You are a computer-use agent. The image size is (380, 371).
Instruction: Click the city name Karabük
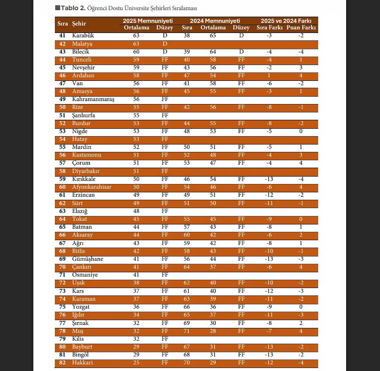coord(83,36)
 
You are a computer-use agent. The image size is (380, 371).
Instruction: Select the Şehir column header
coord(79,24)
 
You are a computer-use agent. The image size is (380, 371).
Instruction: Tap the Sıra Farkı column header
coord(269,28)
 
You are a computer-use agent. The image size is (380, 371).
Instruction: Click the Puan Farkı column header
coord(301,28)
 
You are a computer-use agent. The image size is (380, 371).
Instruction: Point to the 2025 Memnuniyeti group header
coord(148,21)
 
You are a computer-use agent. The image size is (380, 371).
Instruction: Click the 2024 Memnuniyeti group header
coord(215,21)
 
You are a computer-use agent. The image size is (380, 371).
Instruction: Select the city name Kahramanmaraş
coord(93,99)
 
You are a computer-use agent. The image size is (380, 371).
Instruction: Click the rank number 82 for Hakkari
coord(62,363)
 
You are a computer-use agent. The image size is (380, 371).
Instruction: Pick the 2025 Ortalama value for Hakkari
coord(136,363)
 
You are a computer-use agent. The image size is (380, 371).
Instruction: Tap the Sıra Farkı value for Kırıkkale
coord(269,179)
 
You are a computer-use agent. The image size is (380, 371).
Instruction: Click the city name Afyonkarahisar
coord(92,187)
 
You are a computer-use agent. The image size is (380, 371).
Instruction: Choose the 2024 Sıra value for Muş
coord(186,331)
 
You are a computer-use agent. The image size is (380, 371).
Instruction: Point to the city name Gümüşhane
coord(88,259)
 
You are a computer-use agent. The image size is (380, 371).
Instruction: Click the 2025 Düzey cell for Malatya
coord(165,44)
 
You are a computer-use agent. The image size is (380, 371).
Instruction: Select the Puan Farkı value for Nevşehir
coord(301,67)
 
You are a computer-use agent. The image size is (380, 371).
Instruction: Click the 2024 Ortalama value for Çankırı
coord(213,267)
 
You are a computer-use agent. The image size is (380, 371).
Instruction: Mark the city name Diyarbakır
coord(86,171)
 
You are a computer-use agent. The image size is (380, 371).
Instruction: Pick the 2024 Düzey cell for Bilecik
coord(241,52)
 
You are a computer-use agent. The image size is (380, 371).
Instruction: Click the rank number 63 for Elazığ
coord(62,211)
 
